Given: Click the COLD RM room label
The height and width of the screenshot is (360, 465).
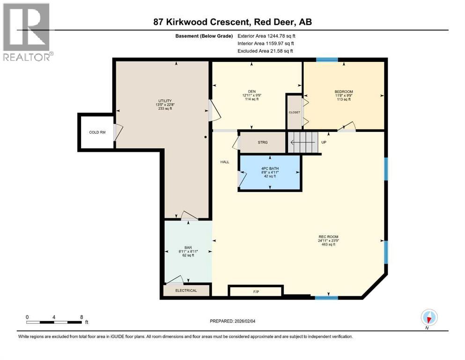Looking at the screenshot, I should [x=97, y=132].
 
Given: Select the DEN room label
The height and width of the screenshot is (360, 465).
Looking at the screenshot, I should [x=251, y=91].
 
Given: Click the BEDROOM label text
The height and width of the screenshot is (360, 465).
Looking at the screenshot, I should [x=343, y=91].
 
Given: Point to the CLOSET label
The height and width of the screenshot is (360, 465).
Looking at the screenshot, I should [x=294, y=112].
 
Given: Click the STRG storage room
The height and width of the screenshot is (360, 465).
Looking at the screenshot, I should [x=262, y=142].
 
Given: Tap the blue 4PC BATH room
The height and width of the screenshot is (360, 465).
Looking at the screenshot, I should [x=269, y=172].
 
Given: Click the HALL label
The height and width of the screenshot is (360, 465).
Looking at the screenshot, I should [x=225, y=162].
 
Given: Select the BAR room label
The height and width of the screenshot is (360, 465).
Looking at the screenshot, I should [x=188, y=248].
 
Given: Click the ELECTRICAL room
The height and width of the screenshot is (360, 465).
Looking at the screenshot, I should [x=186, y=291].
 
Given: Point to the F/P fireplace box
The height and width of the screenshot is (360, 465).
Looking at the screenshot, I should [x=256, y=292].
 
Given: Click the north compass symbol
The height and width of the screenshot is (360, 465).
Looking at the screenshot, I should [x=429, y=317].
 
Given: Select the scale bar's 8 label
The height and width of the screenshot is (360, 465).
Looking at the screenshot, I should [x=81, y=317].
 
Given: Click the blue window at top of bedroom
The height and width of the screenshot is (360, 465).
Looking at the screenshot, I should [x=326, y=60].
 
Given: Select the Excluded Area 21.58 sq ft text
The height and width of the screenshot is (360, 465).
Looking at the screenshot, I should [x=266, y=51].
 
